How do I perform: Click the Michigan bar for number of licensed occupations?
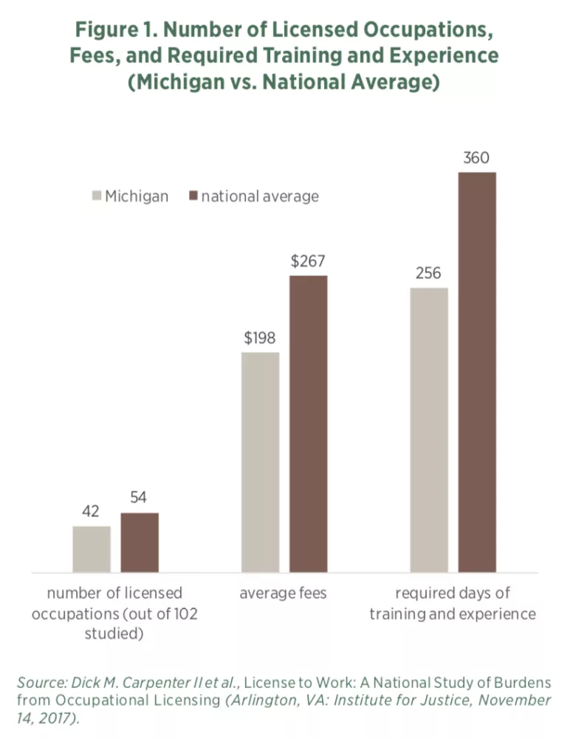coord(92,549)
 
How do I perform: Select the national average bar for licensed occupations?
coord(140,542)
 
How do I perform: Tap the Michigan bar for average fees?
coord(260,461)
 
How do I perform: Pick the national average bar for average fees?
coord(308,423)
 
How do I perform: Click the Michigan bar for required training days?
coord(429,429)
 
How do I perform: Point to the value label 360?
coord(477,158)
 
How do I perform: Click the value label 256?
coord(428,273)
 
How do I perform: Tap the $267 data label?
coord(308,261)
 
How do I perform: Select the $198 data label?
coord(260,338)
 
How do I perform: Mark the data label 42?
coord(91,512)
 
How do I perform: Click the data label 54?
coord(140,498)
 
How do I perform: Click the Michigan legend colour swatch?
coord(97,196)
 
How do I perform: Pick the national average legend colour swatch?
coord(194,196)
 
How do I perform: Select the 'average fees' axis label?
coord(283,594)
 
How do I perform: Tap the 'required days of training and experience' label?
coord(453,604)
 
